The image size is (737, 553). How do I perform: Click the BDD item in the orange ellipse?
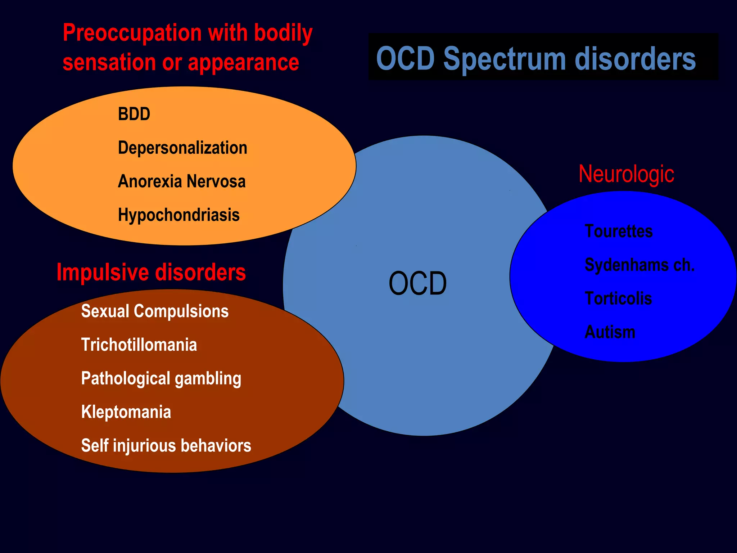134,114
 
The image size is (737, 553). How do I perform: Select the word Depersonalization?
182,148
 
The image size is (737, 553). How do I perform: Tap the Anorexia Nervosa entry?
182,181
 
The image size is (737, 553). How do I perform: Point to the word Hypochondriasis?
178,215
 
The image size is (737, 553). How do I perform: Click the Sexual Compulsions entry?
155,311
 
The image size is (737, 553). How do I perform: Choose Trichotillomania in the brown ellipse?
139,345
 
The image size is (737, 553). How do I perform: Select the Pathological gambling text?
161,379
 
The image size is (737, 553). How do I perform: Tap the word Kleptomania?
126,412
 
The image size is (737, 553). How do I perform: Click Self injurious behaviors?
166,446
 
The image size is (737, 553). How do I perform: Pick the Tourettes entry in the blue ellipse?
618,231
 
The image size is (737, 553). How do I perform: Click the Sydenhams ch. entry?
639,265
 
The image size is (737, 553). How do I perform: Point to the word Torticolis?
618,298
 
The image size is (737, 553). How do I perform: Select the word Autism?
610,332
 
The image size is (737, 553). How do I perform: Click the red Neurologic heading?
626,174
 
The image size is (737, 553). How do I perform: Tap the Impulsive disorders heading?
151,272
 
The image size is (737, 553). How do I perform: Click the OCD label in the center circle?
417,284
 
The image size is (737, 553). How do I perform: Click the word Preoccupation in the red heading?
132,33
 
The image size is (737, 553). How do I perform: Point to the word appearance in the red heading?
243,63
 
